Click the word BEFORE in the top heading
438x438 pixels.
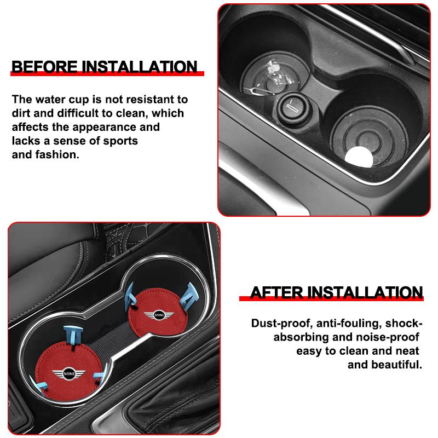coord(44,67)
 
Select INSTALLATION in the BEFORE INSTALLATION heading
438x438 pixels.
coord(139,67)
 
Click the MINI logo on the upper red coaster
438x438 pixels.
coord(159,316)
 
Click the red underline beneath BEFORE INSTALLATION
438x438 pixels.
coord(107,75)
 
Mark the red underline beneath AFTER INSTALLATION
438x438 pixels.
coord(332,299)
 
